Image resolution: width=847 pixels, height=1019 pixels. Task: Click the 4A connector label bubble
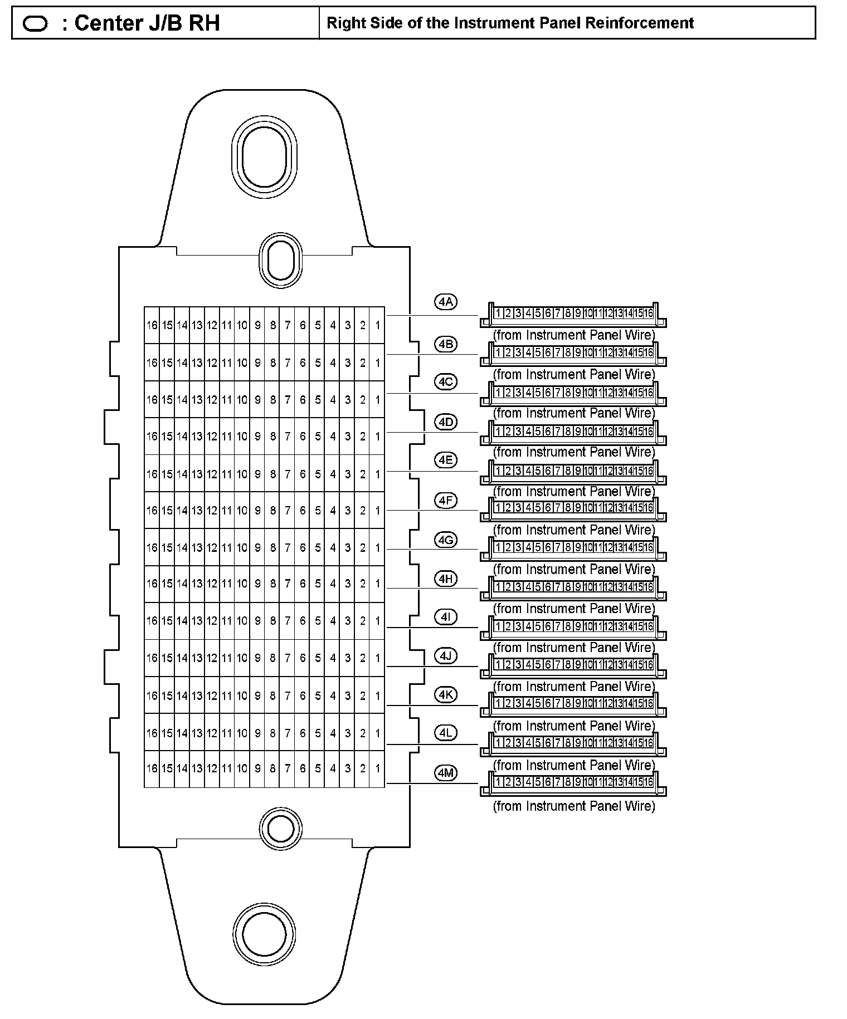pyautogui.click(x=446, y=302)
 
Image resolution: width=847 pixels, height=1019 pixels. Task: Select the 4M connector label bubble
pyautogui.click(x=446, y=772)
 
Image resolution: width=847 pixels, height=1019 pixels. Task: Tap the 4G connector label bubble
pyautogui.click(x=446, y=540)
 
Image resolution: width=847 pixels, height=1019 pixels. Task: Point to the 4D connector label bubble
pyautogui.click(x=446, y=422)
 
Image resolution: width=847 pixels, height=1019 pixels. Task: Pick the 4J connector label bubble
pyautogui.click(x=446, y=656)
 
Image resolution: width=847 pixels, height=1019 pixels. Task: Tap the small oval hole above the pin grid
pyautogui.click(x=281, y=261)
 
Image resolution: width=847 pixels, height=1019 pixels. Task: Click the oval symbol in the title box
pyautogui.click(x=36, y=23)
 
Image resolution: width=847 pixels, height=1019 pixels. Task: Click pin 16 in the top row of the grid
pyautogui.click(x=152, y=325)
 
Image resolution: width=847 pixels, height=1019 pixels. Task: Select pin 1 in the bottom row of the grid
pyautogui.click(x=377, y=769)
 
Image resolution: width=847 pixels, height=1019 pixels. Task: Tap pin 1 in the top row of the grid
pyautogui.click(x=377, y=325)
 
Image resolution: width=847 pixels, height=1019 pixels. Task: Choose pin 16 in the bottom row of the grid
pyautogui.click(x=152, y=769)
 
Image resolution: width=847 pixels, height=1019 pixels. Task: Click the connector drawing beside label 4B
pyautogui.click(x=573, y=353)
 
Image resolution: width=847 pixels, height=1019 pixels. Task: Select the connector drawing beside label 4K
pyautogui.click(x=573, y=704)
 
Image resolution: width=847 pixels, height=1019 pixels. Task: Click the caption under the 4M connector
pyautogui.click(x=574, y=806)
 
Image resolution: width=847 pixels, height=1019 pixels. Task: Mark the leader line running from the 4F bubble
pyautogui.click(x=432, y=510)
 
